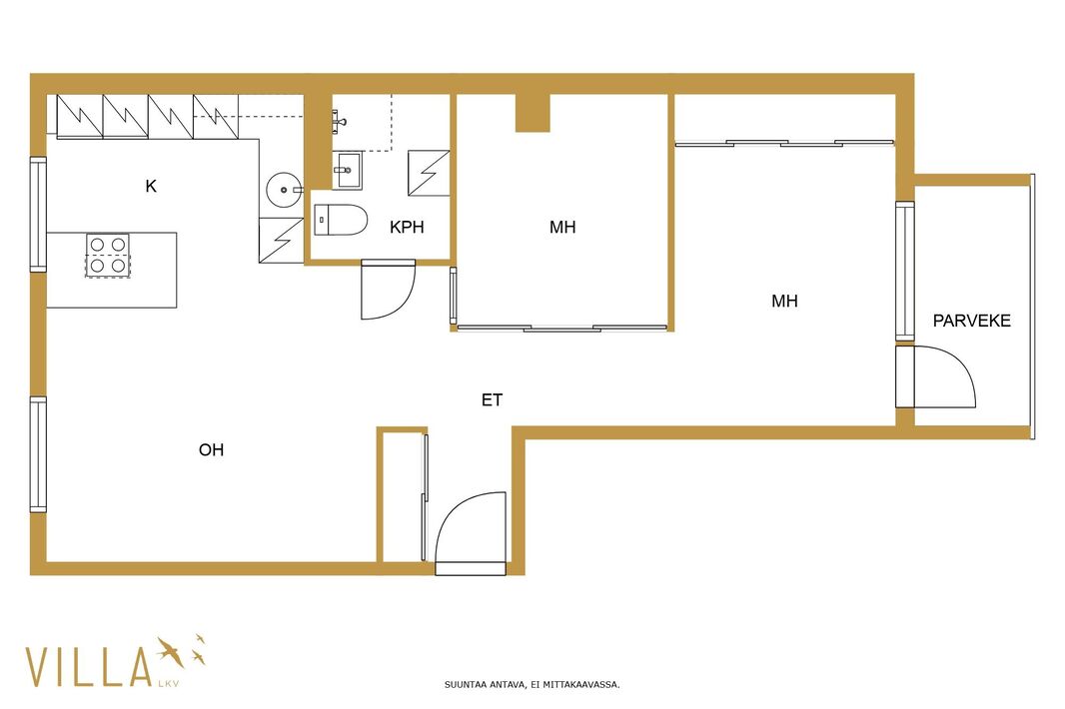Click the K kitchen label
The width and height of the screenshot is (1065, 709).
(x=151, y=186)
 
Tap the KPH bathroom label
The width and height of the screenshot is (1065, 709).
(x=407, y=227)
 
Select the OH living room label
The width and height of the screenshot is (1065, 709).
(x=211, y=449)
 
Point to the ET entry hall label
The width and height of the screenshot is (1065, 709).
(x=492, y=400)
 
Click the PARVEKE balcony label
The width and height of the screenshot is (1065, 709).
(x=971, y=321)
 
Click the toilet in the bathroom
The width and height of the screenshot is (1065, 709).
(x=341, y=220)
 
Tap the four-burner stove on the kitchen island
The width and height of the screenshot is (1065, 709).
(x=107, y=255)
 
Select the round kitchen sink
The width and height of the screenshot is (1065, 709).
(x=284, y=190)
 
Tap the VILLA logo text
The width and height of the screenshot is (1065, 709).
(x=88, y=667)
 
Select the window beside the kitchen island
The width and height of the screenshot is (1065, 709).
(x=38, y=215)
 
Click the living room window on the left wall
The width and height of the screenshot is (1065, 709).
(x=38, y=454)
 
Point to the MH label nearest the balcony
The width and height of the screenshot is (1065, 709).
(x=784, y=301)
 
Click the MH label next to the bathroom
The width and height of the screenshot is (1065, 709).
(x=562, y=227)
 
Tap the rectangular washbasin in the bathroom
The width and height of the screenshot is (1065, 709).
(x=347, y=171)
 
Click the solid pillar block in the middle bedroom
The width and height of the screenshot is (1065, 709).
(x=532, y=112)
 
